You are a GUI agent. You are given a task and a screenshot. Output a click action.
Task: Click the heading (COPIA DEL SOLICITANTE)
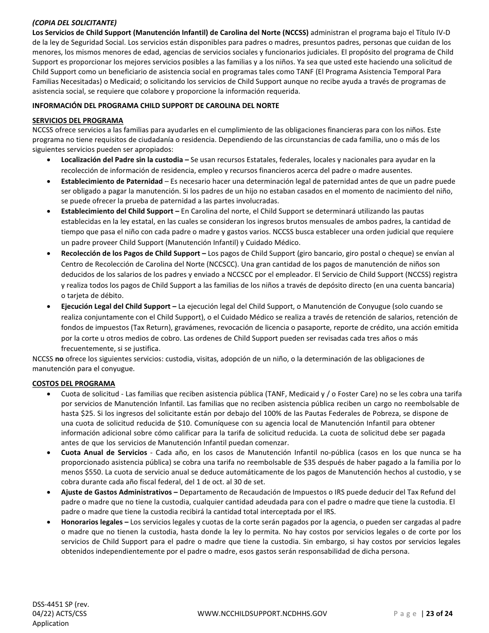(x=74, y=22)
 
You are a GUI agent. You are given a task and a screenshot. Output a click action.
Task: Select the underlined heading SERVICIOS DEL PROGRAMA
(x=77, y=120)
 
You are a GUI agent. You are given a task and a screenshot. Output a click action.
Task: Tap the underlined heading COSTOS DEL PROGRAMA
(x=74, y=383)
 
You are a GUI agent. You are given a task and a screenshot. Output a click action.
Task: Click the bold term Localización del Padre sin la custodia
(x=121, y=160)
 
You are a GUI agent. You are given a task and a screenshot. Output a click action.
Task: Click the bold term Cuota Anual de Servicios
(x=104, y=452)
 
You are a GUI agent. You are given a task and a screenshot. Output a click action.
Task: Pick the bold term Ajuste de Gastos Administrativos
(x=116, y=492)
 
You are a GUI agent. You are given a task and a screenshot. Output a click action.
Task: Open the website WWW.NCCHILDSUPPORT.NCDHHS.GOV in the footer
(x=262, y=613)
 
